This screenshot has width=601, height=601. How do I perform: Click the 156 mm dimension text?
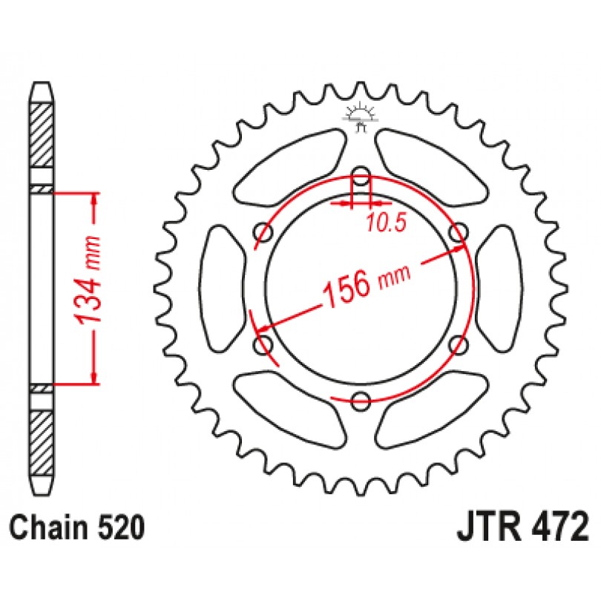(x=366, y=283)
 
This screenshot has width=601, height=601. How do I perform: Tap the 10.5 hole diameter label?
(x=386, y=223)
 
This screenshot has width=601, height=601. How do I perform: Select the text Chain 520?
(x=77, y=528)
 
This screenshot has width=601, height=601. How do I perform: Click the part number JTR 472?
(x=522, y=528)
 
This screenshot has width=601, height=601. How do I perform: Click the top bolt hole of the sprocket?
(x=361, y=177)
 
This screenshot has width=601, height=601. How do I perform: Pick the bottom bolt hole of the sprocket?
(x=361, y=401)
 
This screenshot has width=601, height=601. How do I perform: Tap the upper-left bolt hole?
(x=263, y=232)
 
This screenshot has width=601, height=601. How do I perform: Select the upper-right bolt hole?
(x=459, y=232)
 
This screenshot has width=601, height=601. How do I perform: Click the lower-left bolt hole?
(x=263, y=344)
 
